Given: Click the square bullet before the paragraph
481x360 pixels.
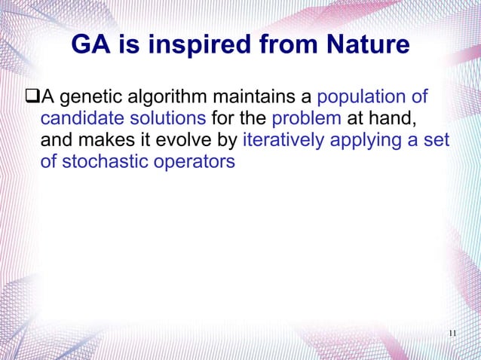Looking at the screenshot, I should pos(32,97).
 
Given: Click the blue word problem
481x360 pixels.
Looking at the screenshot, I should pos(306,119).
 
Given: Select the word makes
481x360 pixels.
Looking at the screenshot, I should pos(102,140).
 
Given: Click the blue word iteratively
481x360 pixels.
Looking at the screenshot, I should pos(282,140).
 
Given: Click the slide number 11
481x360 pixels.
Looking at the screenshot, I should pos(452,334).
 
